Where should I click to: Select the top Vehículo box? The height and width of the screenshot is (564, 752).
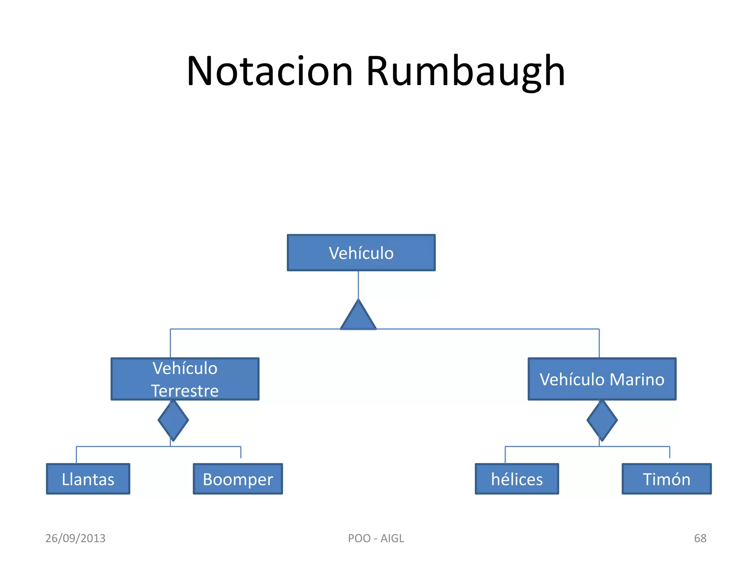[x=361, y=253]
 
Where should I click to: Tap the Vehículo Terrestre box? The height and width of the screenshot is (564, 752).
[x=185, y=379]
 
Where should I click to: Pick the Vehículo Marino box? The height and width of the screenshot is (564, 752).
[x=602, y=379]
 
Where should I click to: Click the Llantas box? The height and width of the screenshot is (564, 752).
[x=88, y=479]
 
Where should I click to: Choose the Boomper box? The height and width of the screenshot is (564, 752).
[x=238, y=479]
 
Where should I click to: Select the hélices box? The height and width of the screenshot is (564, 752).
[x=517, y=479]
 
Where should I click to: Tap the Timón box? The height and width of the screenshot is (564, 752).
[x=666, y=479]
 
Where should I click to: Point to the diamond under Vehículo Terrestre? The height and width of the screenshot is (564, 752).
[x=173, y=420]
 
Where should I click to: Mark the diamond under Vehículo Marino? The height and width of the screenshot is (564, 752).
[x=602, y=420]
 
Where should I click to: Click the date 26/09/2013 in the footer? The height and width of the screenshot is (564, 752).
[x=75, y=538]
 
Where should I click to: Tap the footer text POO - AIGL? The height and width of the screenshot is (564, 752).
[x=376, y=538]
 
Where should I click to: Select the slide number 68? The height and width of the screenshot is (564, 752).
[x=700, y=538]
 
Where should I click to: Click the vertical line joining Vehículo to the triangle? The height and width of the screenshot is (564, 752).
[x=358, y=285]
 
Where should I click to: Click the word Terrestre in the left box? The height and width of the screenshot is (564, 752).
[x=185, y=391]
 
